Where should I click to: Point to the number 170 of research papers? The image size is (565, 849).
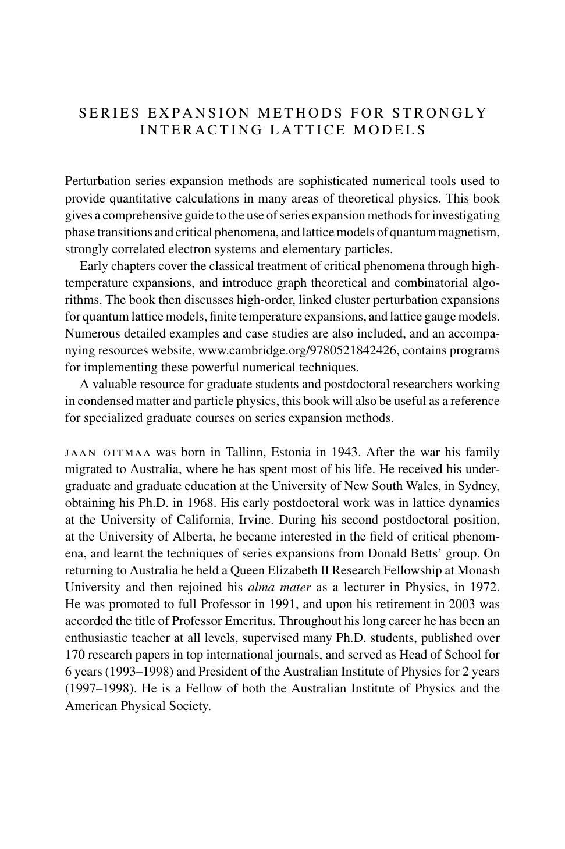click(75, 655)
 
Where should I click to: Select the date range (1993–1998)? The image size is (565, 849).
click(139, 672)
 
